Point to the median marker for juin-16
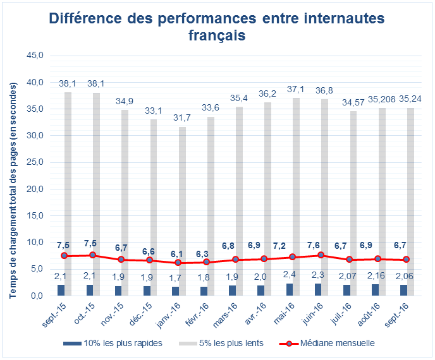coord(321,255)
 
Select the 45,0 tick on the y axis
coord(34,56)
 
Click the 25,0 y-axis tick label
coord(34,162)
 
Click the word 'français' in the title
coord(217,36)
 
